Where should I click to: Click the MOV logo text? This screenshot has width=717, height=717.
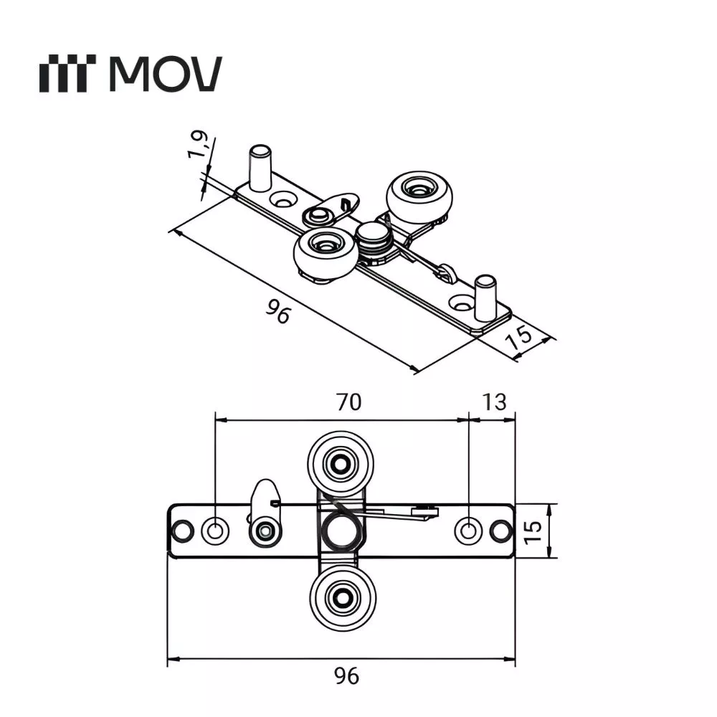click(x=166, y=73)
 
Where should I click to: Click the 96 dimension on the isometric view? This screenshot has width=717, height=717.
click(x=277, y=311)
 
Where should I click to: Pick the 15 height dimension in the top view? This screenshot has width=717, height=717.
click(x=531, y=531)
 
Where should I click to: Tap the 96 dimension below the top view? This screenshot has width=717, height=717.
click(x=347, y=675)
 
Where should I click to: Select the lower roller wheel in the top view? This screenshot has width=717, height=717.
click(x=343, y=597)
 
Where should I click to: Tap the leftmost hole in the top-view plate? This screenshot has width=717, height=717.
click(x=181, y=531)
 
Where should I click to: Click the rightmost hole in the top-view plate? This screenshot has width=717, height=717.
click(x=501, y=531)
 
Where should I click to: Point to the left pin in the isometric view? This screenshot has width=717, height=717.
click(x=257, y=166)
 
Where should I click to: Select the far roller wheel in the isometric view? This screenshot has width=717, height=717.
click(x=419, y=193)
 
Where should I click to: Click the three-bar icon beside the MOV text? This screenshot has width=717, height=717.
click(x=67, y=75)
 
